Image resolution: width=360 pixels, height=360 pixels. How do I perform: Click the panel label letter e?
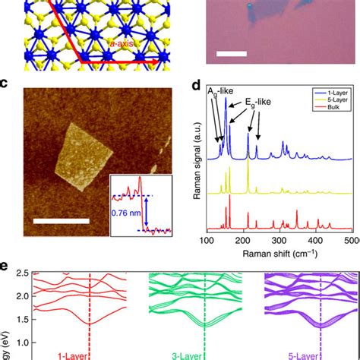[6, 266]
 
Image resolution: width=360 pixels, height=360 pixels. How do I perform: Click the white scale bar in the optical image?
[229, 54]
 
